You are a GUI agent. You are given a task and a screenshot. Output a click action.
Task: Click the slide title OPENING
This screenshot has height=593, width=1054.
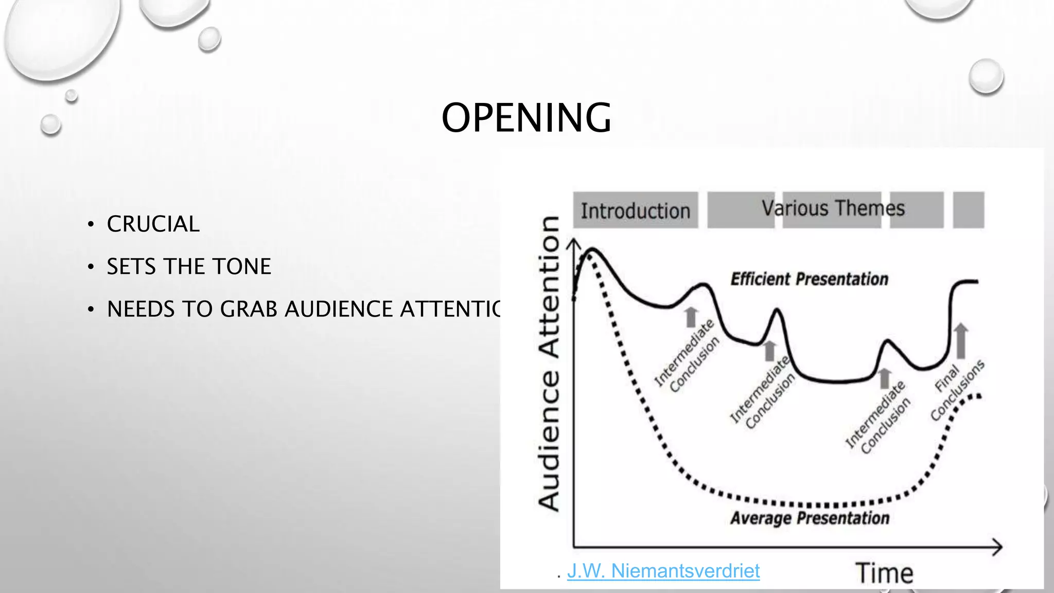coord(526,118)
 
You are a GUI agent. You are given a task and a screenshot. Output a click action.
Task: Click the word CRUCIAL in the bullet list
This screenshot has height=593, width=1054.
coord(153,224)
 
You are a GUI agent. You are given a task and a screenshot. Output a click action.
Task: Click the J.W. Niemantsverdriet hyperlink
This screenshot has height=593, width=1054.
coord(663,571)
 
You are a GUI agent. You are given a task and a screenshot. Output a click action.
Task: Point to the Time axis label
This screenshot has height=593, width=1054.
coord(884,573)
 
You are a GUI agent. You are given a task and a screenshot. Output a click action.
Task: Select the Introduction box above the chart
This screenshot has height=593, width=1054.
coord(636,211)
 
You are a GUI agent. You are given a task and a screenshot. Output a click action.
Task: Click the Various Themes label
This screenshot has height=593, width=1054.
coord(833,208)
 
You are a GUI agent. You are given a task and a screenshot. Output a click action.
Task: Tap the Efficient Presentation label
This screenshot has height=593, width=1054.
coord(809,279)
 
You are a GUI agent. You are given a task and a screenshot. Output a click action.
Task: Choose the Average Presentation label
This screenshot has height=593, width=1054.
coord(809,518)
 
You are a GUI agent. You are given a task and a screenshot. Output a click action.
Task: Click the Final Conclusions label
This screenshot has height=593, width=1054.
coord(957,390)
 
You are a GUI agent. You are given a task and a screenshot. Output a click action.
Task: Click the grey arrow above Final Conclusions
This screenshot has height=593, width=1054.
coord(960,340)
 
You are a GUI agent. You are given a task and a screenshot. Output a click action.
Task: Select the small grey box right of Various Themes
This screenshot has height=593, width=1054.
coord(968,210)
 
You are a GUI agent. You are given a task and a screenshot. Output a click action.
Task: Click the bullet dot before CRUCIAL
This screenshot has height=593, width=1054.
coord(91,224)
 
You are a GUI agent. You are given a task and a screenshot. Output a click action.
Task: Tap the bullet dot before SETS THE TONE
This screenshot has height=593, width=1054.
coord(91,267)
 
